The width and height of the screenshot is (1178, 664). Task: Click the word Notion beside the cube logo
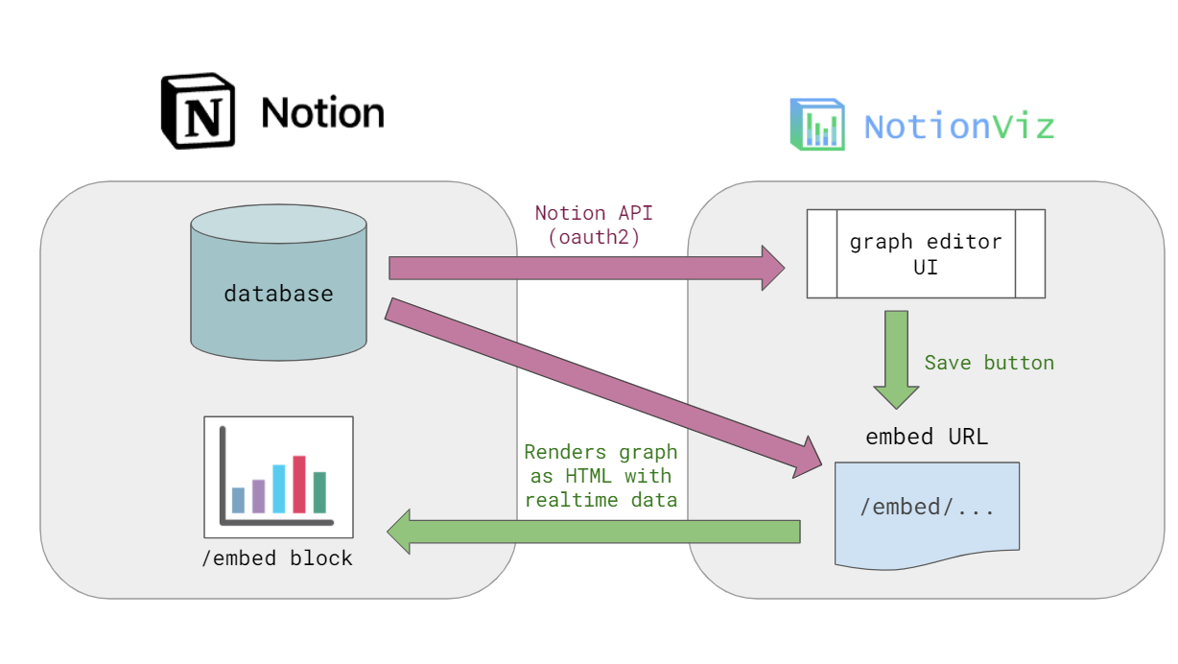pyautogui.click(x=322, y=113)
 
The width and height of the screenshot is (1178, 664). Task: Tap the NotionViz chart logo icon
pyautogui.click(x=817, y=125)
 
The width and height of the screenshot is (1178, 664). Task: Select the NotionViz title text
pyautogui.click(x=959, y=127)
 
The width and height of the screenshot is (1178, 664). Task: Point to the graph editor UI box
pyautogui.click(x=925, y=254)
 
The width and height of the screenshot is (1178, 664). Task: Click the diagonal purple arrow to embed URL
pyautogui.click(x=604, y=389)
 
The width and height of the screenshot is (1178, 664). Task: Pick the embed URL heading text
pyautogui.click(x=927, y=437)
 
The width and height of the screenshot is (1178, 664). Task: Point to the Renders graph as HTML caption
pyautogui.click(x=601, y=476)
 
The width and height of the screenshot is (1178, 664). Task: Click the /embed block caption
pyautogui.click(x=277, y=558)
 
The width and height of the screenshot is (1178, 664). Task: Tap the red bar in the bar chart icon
pyautogui.click(x=299, y=485)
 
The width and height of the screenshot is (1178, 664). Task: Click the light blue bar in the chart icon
pyautogui.click(x=279, y=489)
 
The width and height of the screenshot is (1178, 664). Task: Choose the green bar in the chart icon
pyautogui.click(x=319, y=492)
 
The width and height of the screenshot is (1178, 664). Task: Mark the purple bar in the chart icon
pyautogui.click(x=258, y=496)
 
